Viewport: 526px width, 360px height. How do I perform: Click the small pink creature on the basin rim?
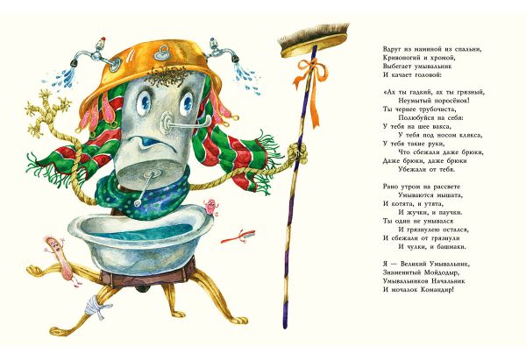[x=210, y=208]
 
